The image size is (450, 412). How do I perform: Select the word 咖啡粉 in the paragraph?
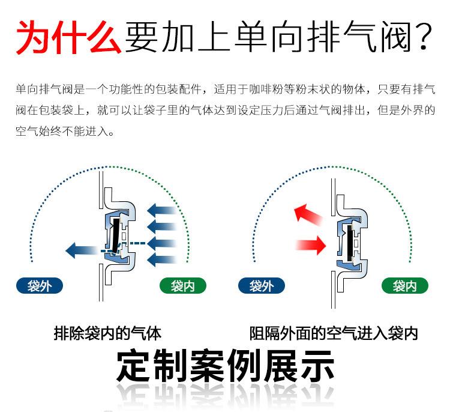tap(280, 90)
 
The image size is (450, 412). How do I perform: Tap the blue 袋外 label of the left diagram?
tap(40, 286)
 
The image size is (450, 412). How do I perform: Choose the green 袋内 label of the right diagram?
tap(404, 286)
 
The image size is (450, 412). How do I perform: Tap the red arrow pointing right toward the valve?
tap(311, 243)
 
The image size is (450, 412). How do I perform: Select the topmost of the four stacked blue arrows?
tap(161, 211)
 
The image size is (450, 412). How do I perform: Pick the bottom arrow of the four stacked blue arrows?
tap(161, 259)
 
